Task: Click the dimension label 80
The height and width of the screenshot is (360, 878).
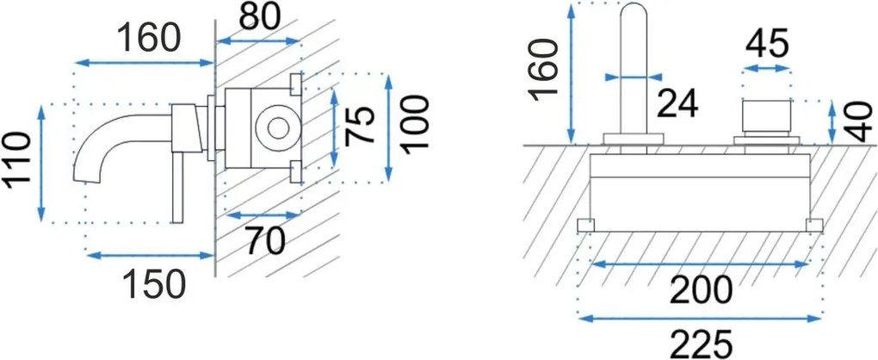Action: tap(259, 18)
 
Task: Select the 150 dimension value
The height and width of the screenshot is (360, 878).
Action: tap(154, 284)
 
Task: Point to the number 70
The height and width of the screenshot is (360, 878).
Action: tap(265, 242)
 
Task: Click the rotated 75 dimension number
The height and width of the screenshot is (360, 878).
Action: tap(360, 126)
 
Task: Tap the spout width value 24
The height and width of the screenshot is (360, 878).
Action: tap(677, 104)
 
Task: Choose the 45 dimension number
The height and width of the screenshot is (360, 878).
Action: tap(767, 44)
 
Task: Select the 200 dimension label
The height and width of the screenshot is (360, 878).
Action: tap(702, 290)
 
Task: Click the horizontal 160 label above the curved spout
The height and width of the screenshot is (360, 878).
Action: tap(149, 39)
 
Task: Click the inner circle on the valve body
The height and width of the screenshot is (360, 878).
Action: tap(278, 128)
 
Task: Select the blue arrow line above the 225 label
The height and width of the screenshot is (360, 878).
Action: tap(700, 318)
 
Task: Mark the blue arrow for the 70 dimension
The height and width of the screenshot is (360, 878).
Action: tap(263, 215)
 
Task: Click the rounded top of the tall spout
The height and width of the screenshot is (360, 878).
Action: tap(634, 11)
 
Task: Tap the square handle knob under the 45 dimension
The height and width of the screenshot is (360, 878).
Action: tap(766, 118)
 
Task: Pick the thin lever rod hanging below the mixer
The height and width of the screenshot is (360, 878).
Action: tap(178, 187)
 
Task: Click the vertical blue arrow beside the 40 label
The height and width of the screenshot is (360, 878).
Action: tap(832, 122)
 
